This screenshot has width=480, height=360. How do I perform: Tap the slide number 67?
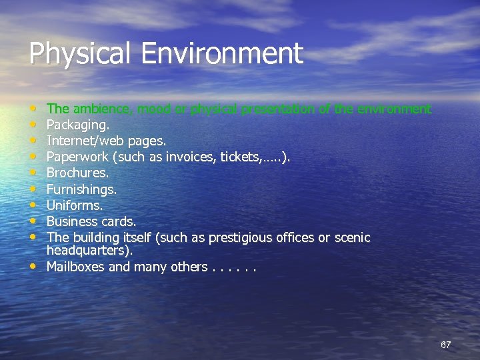446,345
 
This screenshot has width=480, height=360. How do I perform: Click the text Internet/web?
83,141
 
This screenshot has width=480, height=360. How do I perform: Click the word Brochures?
77,173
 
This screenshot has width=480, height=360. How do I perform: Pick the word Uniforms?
74,205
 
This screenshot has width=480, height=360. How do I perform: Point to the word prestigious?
243,238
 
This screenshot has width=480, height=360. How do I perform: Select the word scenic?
353,237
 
